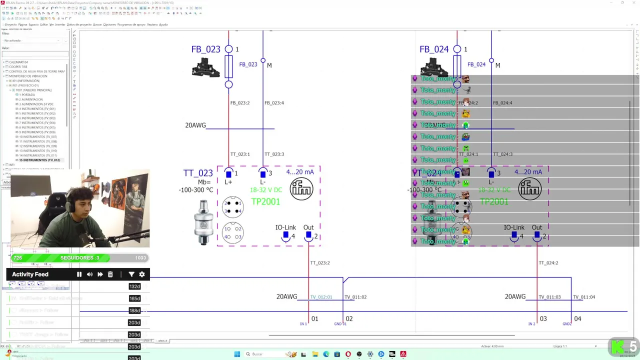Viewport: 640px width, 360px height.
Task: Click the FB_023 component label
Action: [x=205, y=49]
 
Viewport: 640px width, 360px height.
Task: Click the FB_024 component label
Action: [x=434, y=49]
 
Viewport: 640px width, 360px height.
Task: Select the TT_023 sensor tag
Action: [x=198, y=173]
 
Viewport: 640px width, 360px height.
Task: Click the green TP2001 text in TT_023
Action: [x=265, y=201]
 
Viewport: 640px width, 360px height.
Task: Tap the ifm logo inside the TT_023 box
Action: [x=301, y=189]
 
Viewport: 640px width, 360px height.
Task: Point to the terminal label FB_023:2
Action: [x=239, y=103]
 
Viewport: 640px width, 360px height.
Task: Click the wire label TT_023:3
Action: [x=274, y=154]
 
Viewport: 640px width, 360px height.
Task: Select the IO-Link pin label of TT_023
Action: [x=285, y=227]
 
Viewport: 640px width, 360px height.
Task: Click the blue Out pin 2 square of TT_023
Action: [x=308, y=235]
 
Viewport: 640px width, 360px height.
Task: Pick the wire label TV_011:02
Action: [x=355, y=297]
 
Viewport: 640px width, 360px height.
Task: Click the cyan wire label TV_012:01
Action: [x=321, y=297]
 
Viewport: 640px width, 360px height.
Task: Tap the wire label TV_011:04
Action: [x=584, y=297]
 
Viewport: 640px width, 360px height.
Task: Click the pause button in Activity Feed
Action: [x=79, y=274]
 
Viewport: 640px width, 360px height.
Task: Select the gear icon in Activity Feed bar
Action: [x=142, y=274]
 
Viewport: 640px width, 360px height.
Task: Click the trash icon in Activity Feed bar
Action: [x=110, y=274]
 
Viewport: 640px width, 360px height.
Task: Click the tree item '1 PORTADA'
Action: [x=27, y=94]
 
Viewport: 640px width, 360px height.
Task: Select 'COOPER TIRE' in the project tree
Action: [x=18, y=66]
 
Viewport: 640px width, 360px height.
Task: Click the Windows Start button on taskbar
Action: [x=237, y=354]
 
